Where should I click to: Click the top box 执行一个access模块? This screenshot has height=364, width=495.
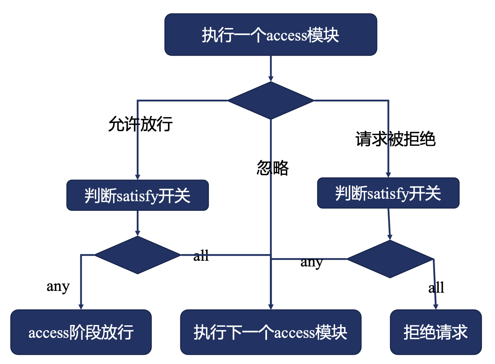click(271, 35)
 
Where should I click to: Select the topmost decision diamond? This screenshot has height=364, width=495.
click(271, 100)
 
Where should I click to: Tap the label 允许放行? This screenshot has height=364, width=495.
click(140, 124)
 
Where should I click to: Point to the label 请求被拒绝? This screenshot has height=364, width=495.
click(395, 139)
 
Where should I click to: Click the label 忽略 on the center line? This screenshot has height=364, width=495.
click(273, 168)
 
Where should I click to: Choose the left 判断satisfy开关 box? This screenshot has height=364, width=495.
click(137, 195)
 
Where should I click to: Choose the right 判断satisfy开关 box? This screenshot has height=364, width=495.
click(388, 193)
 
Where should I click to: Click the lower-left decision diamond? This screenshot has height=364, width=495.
click(137, 255)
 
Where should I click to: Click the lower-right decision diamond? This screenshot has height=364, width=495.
click(390, 259)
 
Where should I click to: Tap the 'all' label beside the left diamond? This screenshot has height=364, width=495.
click(201, 255)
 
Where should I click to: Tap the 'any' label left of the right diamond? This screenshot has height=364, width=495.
click(311, 262)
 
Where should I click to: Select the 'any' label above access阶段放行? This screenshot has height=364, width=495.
click(58, 286)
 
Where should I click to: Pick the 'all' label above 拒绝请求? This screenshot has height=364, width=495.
click(436, 287)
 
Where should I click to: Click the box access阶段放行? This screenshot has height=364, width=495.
click(81, 332)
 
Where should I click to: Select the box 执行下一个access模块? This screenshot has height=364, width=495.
click(271, 332)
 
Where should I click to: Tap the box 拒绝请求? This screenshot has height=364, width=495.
click(436, 332)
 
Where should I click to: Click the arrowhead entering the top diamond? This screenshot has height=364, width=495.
click(271, 79)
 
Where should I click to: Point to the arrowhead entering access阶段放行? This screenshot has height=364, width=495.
click(81, 307)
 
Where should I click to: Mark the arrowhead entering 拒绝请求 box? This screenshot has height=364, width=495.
click(436, 307)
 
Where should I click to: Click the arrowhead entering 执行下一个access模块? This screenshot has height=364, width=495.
click(271, 307)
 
